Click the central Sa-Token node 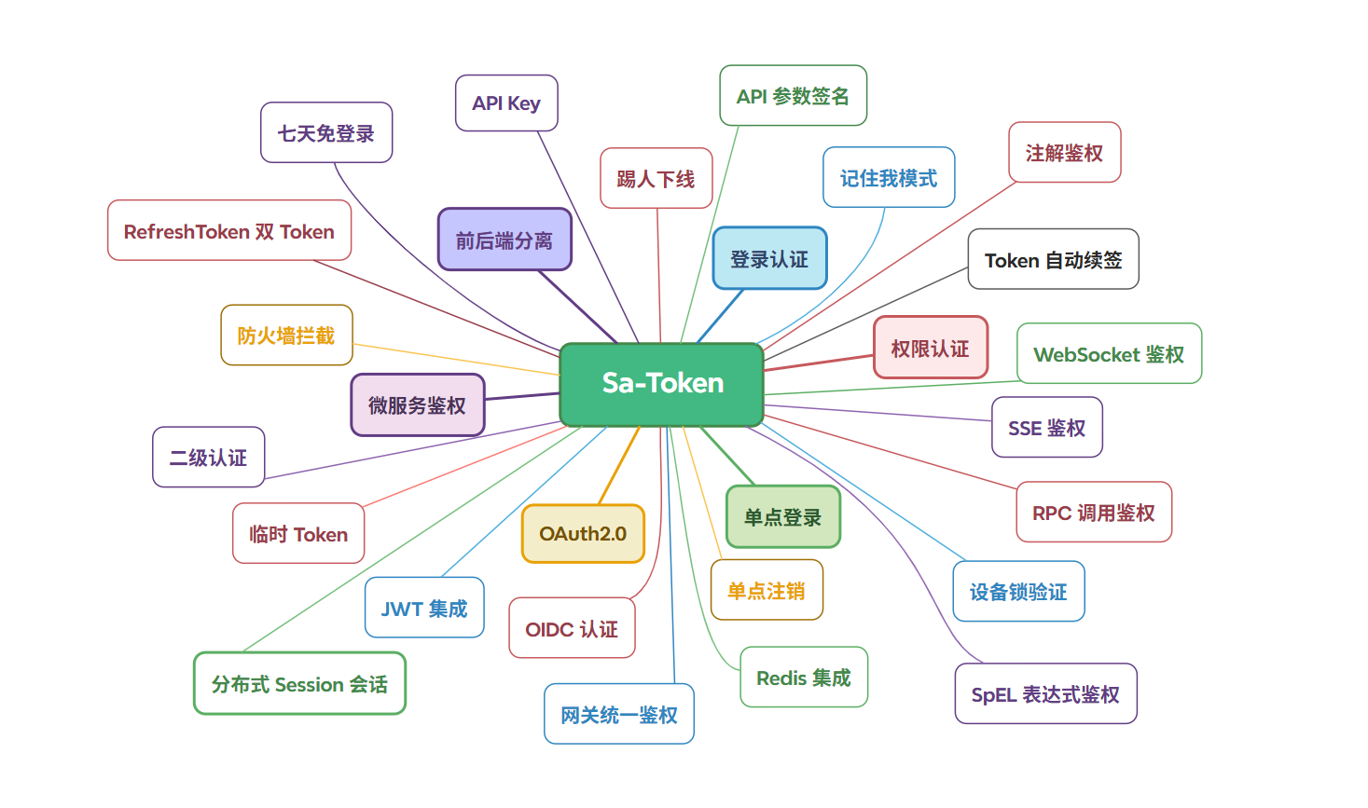click(x=661, y=384)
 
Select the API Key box click(x=506, y=103)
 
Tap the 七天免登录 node click(x=326, y=133)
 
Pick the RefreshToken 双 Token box click(x=229, y=231)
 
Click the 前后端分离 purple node click(x=504, y=240)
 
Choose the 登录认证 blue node click(x=769, y=259)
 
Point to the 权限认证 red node click(x=930, y=349)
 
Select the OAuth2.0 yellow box click(x=583, y=534)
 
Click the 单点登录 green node click(x=782, y=517)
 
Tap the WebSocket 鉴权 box click(x=1109, y=354)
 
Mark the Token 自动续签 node click(x=1053, y=260)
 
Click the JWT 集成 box click(x=424, y=609)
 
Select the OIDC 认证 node click(x=572, y=629)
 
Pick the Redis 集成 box click(x=804, y=678)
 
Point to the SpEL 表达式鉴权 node click(x=1045, y=694)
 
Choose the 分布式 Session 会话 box click(x=299, y=684)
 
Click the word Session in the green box click(x=310, y=685)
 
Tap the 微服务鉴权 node click(x=417, y=405)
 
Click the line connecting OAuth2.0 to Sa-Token click(x=619, y=466)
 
